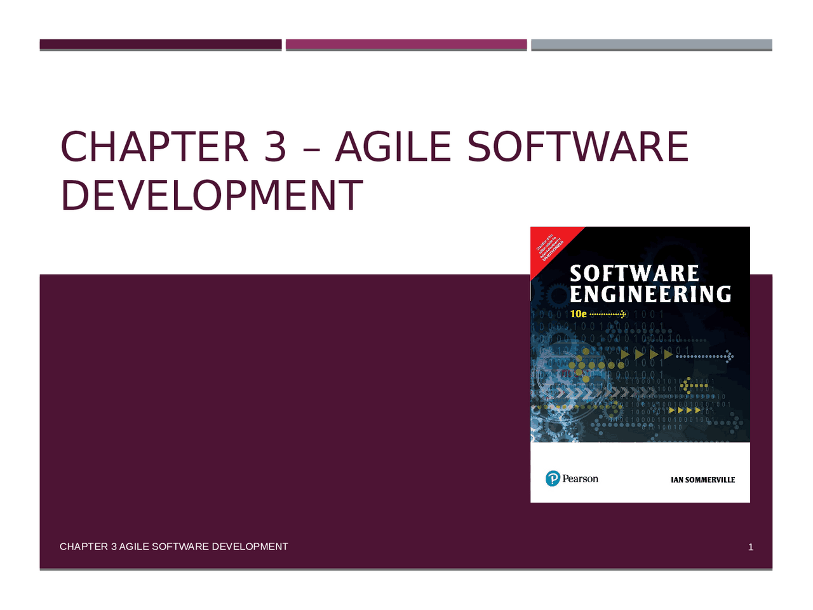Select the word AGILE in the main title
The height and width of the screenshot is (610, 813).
tap(393, 147)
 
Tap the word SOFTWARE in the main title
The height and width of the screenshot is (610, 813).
tap(577, 147)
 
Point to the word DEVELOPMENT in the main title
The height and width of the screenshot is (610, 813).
tap(212, 195)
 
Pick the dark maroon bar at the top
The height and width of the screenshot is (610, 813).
tap(160, 44)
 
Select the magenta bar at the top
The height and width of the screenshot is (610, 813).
tap(406, 44)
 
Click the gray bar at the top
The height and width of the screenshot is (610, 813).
tap(651, 44)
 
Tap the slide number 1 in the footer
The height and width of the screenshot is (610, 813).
tap(750, 547)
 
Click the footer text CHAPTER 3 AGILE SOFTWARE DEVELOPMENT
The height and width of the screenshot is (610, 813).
tap(173, 546)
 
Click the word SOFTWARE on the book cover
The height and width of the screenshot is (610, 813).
tap(634, 274)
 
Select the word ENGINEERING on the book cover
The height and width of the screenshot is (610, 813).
tap(650, 294)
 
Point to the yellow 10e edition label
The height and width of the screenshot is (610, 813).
tap(578, 314)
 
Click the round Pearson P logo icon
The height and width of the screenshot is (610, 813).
tap(553, 479)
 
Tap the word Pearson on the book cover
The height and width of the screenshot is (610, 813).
tap(580, 478)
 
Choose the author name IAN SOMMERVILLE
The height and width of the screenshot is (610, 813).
tap(702, 480)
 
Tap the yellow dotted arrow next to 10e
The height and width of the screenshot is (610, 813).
tap(608, 314)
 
